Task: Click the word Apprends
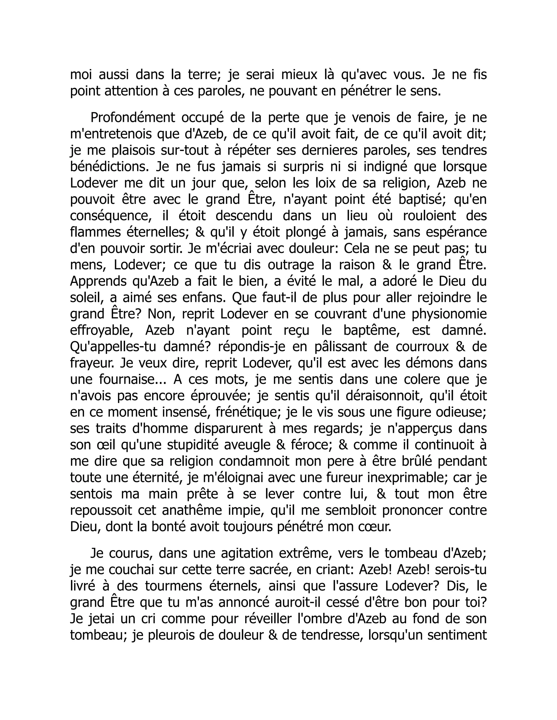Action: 98,282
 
